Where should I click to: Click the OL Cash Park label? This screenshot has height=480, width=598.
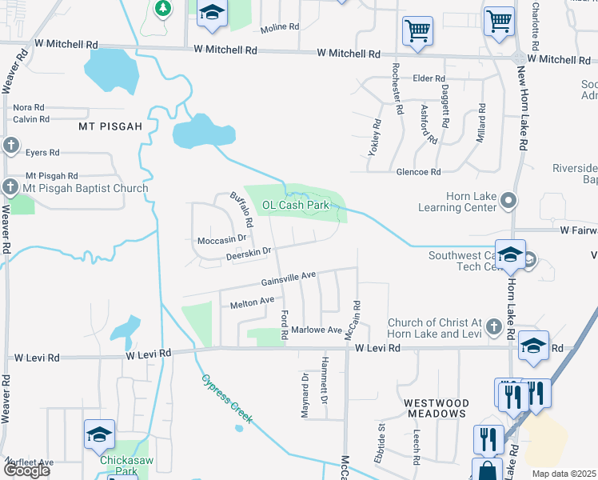pos(296,205)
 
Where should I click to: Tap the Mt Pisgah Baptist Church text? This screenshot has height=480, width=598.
pos(86,189)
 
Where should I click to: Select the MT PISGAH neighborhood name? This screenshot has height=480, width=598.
pos(110,126)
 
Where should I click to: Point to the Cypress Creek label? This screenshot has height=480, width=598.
pos(227,398)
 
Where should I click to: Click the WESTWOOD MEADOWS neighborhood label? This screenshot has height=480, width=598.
pos(436,408)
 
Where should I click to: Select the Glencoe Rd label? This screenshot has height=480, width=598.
pos(418,172)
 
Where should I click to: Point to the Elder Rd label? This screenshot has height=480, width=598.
pos(429,78)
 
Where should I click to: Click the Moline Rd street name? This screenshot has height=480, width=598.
pos(280,26)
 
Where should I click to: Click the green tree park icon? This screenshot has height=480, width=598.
pos(163,8)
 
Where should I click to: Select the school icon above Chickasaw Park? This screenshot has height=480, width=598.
pos(99,434)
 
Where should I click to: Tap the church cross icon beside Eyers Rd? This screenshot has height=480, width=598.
pos(10,146)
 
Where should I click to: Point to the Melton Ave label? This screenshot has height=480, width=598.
pos(253,302)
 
